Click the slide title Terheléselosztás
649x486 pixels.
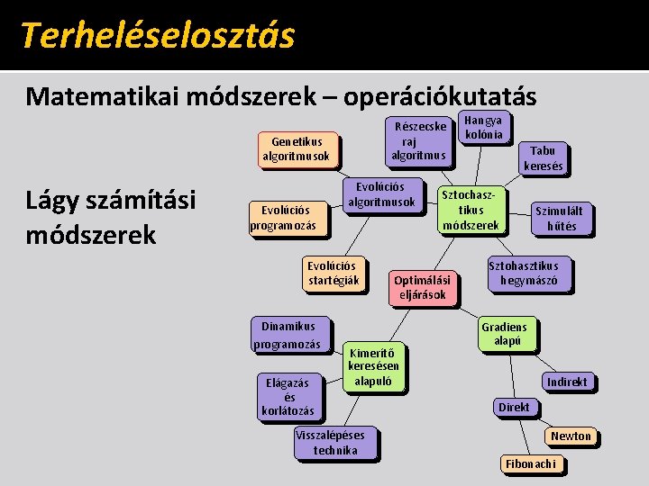point(157,35)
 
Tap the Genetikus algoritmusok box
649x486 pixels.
point(297,148)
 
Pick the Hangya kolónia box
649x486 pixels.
point(484,127)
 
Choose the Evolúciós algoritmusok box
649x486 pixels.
point(382,193)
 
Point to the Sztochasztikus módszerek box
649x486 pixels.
point(471,210)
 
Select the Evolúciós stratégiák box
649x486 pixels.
point(333,273)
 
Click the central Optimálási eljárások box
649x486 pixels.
point(420,287)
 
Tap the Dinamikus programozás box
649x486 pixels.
point(287,335)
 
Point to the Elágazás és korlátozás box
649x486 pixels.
point(288,397)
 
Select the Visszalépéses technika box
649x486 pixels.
point(335,442)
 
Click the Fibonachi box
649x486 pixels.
point(531,463)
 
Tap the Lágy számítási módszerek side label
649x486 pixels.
point(110,217)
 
